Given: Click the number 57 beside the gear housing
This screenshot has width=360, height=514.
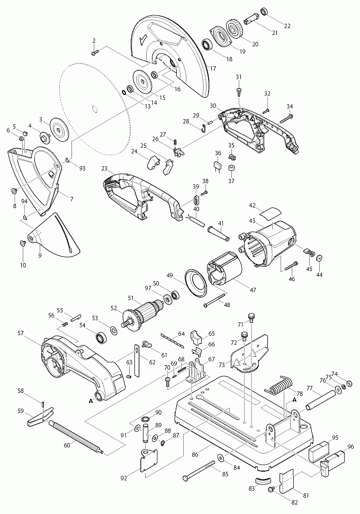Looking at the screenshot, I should [x=21, y=333].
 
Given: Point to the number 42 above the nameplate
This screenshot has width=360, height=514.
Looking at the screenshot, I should [x=253, y=205].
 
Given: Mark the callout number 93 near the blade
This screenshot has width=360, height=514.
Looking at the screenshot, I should [x=82, y=169].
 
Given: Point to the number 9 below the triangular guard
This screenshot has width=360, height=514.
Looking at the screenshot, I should [x=39, y=255].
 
